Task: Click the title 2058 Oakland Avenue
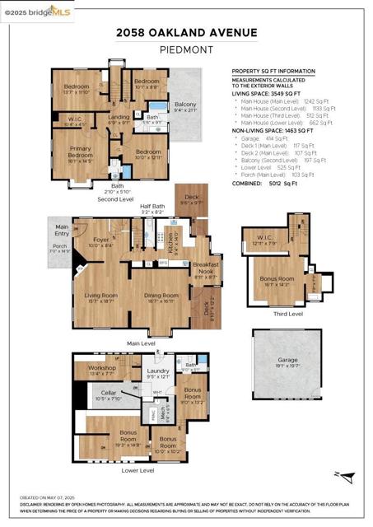coord(186,33)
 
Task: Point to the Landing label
coord(119,117)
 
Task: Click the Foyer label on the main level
coord(100,242)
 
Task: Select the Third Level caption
coord(287,314)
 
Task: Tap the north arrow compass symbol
coord(347,475)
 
